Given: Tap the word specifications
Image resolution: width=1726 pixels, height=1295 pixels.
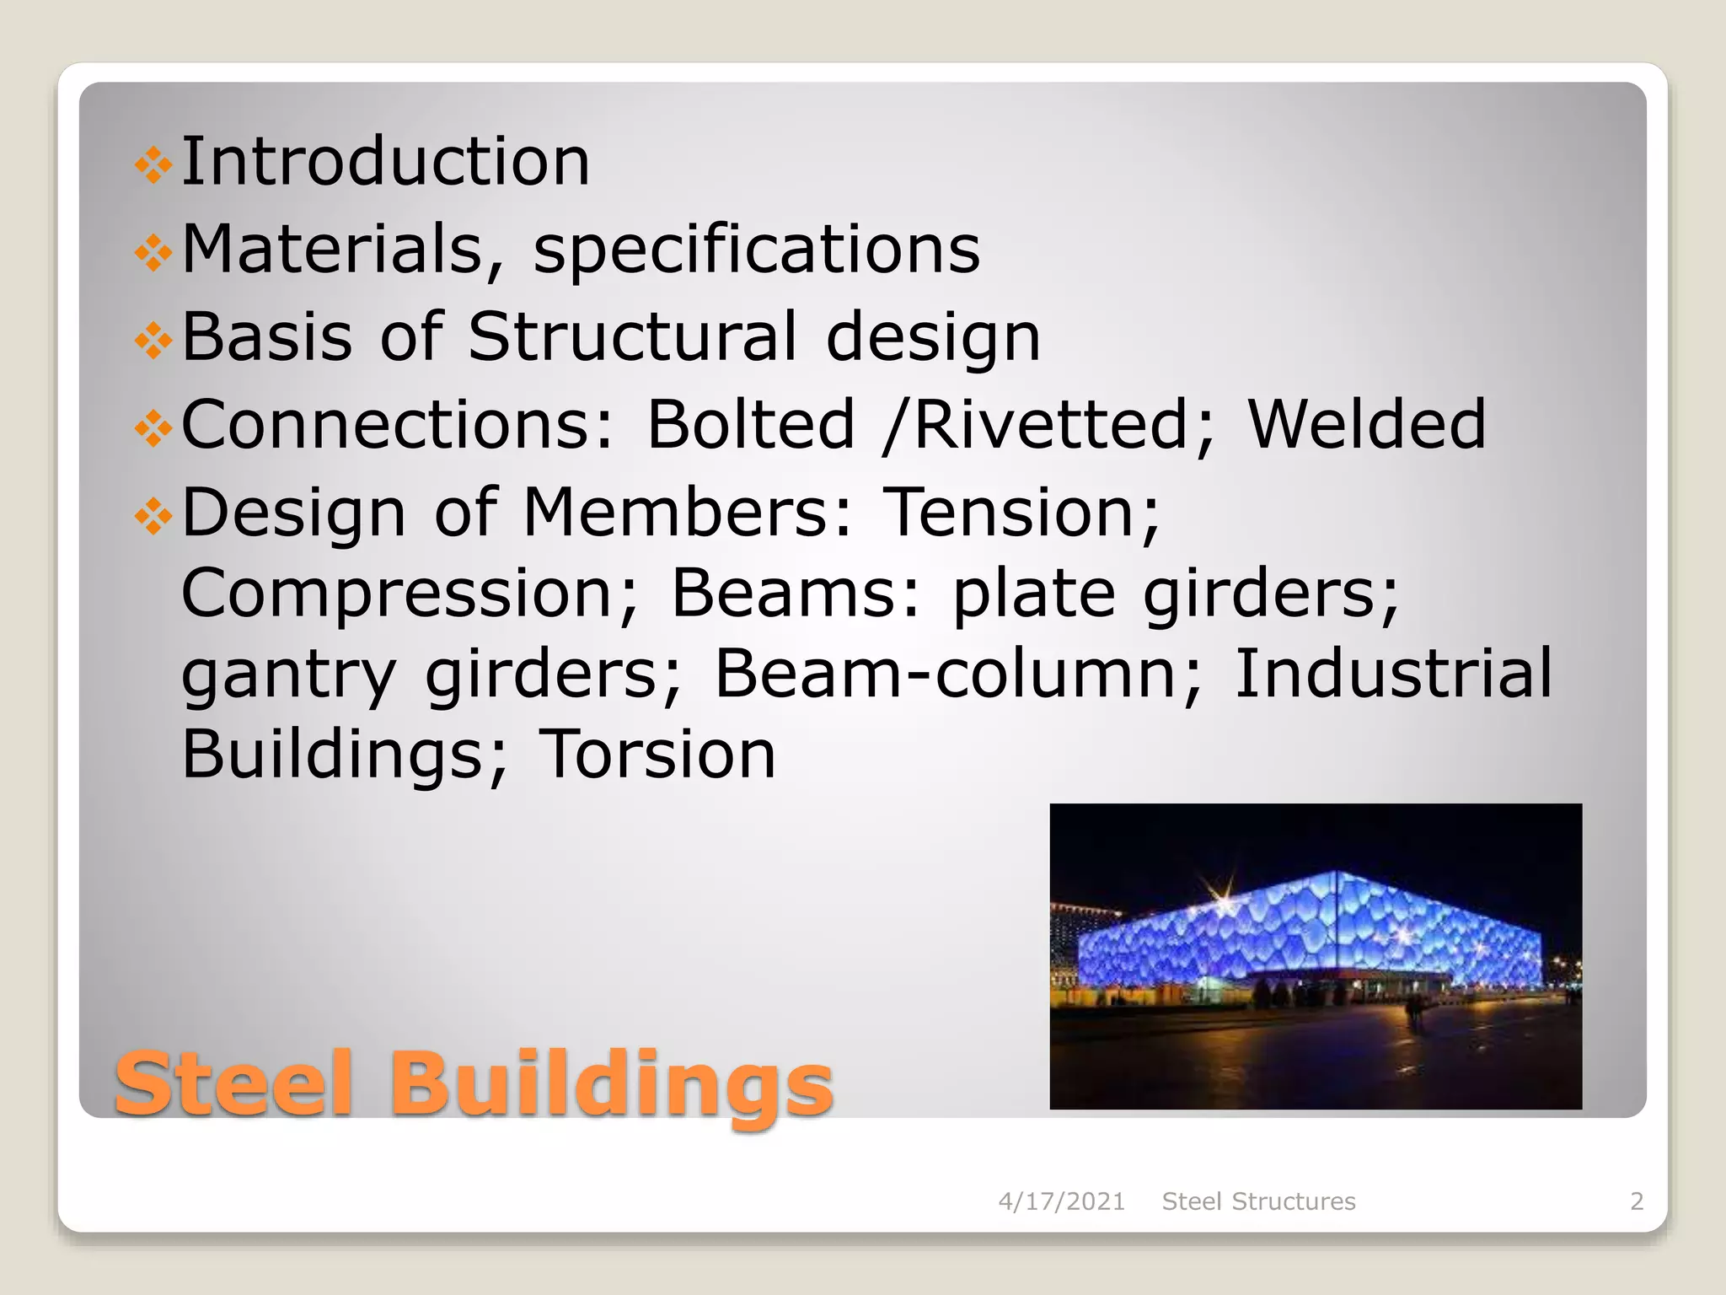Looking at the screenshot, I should pos(757,250).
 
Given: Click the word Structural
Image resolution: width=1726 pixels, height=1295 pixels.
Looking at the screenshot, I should pos(632,336).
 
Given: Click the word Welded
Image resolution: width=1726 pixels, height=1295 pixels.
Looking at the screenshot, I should pos(1366,424).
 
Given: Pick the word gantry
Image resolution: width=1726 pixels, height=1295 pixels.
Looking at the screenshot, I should pos(288,674).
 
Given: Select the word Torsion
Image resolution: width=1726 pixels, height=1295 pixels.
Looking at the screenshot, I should pos(657,754).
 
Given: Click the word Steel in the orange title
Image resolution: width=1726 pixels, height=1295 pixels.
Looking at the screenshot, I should pos(233,1084).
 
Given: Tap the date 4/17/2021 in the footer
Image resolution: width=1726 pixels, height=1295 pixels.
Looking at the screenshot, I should pos(1061,1201).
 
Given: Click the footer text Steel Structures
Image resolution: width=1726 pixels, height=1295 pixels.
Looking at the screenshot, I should pos(1258,1201).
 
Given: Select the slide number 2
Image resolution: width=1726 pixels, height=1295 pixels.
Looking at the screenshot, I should pos(1637,1201).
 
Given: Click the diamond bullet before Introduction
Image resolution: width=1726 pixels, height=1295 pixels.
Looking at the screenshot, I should pos(153,164).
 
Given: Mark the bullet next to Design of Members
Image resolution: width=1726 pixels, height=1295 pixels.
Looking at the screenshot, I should pos(153,514).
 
